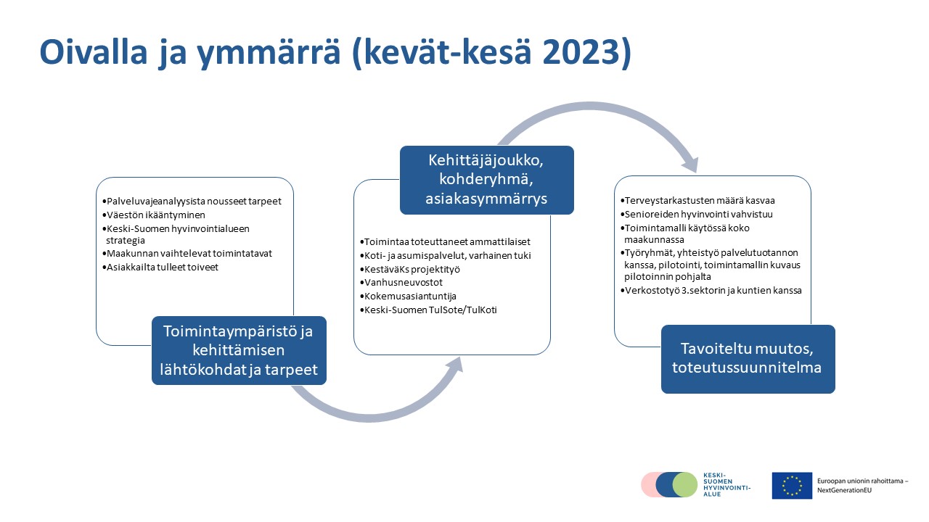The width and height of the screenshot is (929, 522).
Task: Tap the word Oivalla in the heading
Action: pyautogui.click(x=94, y=52)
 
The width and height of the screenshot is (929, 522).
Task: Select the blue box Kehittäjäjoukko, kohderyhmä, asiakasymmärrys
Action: pyautogui.click(x=486, y=180)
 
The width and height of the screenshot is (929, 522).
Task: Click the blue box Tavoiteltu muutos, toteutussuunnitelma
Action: pyautogui.click(x=748, y=359)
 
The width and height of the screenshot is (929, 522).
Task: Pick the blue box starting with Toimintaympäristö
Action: pyautogui.click(x=239, y=350)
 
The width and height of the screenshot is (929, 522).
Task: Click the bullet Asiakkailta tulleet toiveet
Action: pyautogui.click(x=160, y=268)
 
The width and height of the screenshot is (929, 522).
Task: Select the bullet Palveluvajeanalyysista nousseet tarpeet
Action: pyautogui.click(x=192, y=202)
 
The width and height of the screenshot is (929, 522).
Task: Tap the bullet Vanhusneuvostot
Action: pyautogui.click(x=401, y=283)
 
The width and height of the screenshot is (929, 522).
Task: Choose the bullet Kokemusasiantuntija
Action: pyautogui.click(x=408, y=297)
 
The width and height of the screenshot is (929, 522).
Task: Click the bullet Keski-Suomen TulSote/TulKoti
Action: pyautogui.click(x=428, y=310)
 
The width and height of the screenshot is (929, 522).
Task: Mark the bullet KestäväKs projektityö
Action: pyautogui.click(x=410, y=269)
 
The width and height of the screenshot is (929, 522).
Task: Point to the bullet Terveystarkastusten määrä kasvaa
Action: pyautogui.click(x=697, y=201)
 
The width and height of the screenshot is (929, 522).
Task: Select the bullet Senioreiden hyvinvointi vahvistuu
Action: pyautogui.click(x=697, y=214)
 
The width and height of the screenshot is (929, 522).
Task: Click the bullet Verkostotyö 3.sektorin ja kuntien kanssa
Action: pyautogui.click(x=711, y=291)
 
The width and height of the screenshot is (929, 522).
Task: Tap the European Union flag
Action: pyautogui.click(x=792, y=486)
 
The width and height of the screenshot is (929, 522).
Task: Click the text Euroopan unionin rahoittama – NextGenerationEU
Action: pyautogui.click(x=863, y=486)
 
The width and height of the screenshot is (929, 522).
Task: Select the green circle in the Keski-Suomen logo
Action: pyautogui.click(x=684, y=484)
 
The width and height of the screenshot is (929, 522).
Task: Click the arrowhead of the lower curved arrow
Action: pyautogui.click(x=454, y=366)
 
